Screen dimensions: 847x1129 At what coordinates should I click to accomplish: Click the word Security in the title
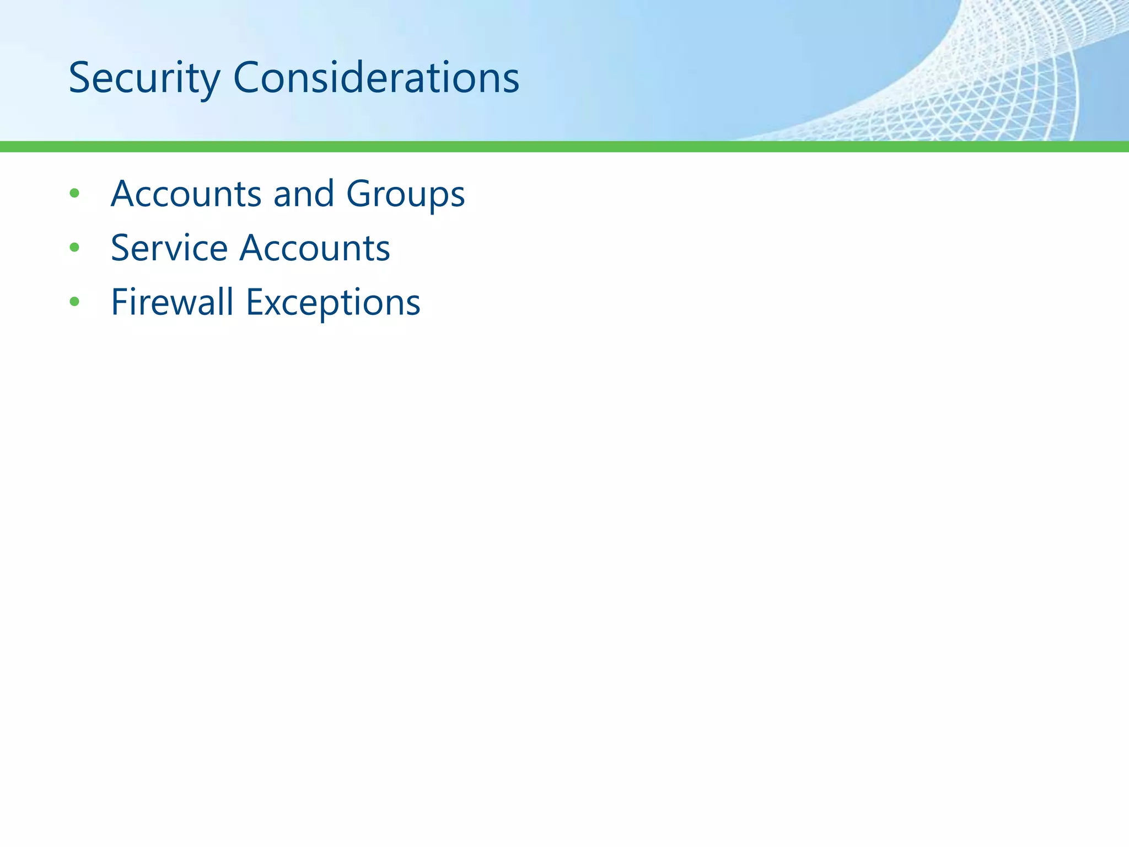pos(144,78)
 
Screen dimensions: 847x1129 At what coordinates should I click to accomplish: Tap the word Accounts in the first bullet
pos(186,194)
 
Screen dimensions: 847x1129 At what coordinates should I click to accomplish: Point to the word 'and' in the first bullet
pos(304,194)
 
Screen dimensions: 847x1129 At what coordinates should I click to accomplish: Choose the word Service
pos(169,248)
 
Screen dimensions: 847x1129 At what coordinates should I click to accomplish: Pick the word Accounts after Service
pos(315,248)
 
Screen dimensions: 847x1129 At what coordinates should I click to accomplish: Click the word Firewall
pos(172,302)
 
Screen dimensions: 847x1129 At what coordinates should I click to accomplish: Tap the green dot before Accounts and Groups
pos(74,194)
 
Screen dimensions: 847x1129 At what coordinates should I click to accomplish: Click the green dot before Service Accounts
pos(74,248)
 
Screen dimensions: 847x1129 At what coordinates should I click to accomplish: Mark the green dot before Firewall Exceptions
pos(74,302)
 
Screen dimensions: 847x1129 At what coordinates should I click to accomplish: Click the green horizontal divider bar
pos(564,146)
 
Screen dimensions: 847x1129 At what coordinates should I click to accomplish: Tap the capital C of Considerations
pos(248,78)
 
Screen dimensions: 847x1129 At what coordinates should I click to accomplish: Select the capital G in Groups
pos(360,194)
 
